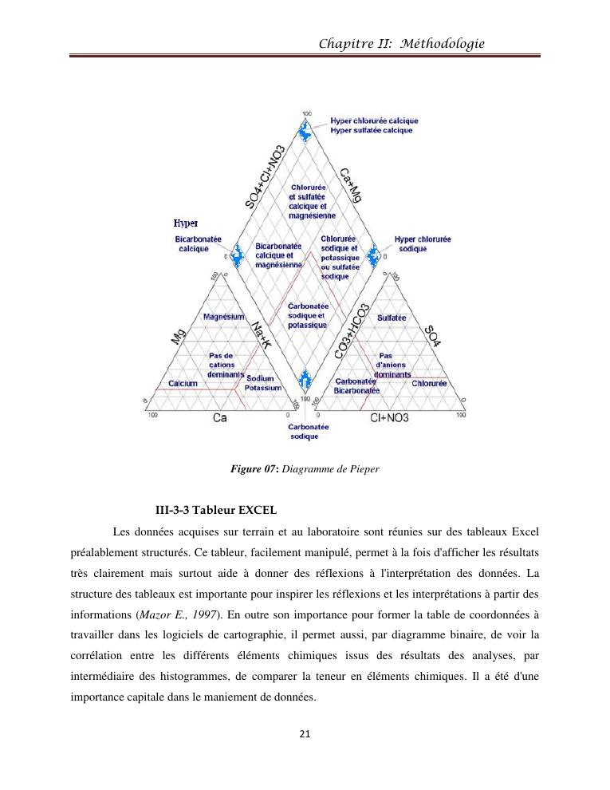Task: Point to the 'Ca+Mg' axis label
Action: (x=350, y=185)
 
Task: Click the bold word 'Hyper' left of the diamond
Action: (x=186, y=223)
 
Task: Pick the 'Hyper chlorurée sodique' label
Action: (x=423, y=244)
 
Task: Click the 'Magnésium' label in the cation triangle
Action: (x=224, y=317)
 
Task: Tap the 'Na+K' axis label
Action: (x=261, y=334)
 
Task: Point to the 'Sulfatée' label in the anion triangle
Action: (x=392, y=318)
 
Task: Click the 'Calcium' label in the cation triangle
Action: (x=183, y=384)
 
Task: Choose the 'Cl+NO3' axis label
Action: (x=389, y=417)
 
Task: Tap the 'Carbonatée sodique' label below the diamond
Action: (x=305, y=432)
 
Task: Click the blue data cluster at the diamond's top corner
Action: (x=304, y=131)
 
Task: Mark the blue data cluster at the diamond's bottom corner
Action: (x=304, y=381)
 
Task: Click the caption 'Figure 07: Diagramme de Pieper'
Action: (x=304, y=469)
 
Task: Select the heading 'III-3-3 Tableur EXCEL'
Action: (x=216, y=509)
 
